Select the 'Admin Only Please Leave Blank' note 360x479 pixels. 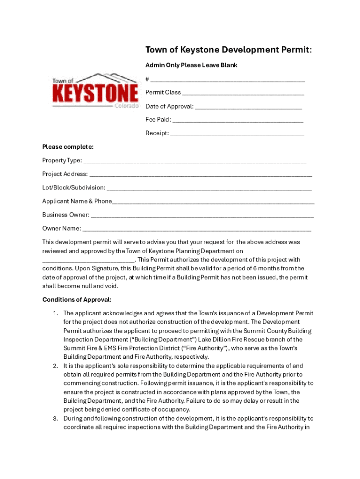pos(191,65)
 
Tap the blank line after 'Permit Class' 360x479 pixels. pos(243,93)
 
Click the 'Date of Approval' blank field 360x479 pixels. pos(248,107)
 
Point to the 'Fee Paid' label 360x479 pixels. pos(158,120)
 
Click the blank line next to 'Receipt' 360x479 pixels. pos(237,133)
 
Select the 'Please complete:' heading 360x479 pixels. pos(68,147)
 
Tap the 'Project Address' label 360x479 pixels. pos(65,174)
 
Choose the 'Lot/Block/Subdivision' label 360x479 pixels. pos(74,188)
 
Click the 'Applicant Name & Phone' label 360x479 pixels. pos(77,201)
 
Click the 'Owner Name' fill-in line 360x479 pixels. pos(196,229)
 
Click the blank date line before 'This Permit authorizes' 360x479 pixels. pos(88,260)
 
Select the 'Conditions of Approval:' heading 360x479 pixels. pos(77,299)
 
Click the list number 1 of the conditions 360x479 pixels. pos(55,313)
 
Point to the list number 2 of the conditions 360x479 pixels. pos(55,366)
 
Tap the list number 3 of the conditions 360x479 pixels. pos(55,418)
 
